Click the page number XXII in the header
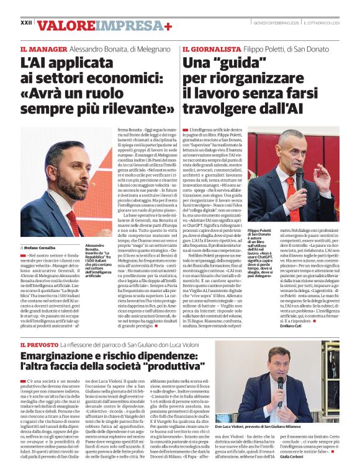[26, 22]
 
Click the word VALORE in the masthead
[67, 25]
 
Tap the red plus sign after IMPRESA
[168, 25]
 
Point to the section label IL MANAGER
[43, 48]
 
